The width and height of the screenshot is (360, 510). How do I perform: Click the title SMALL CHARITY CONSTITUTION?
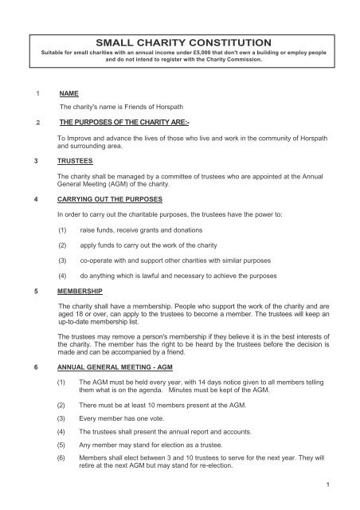180,42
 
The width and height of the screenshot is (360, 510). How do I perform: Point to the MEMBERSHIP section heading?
82,292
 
